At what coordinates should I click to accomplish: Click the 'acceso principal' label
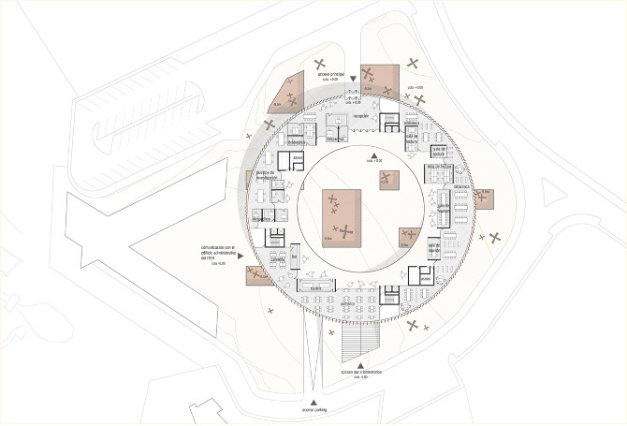[330, 74]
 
